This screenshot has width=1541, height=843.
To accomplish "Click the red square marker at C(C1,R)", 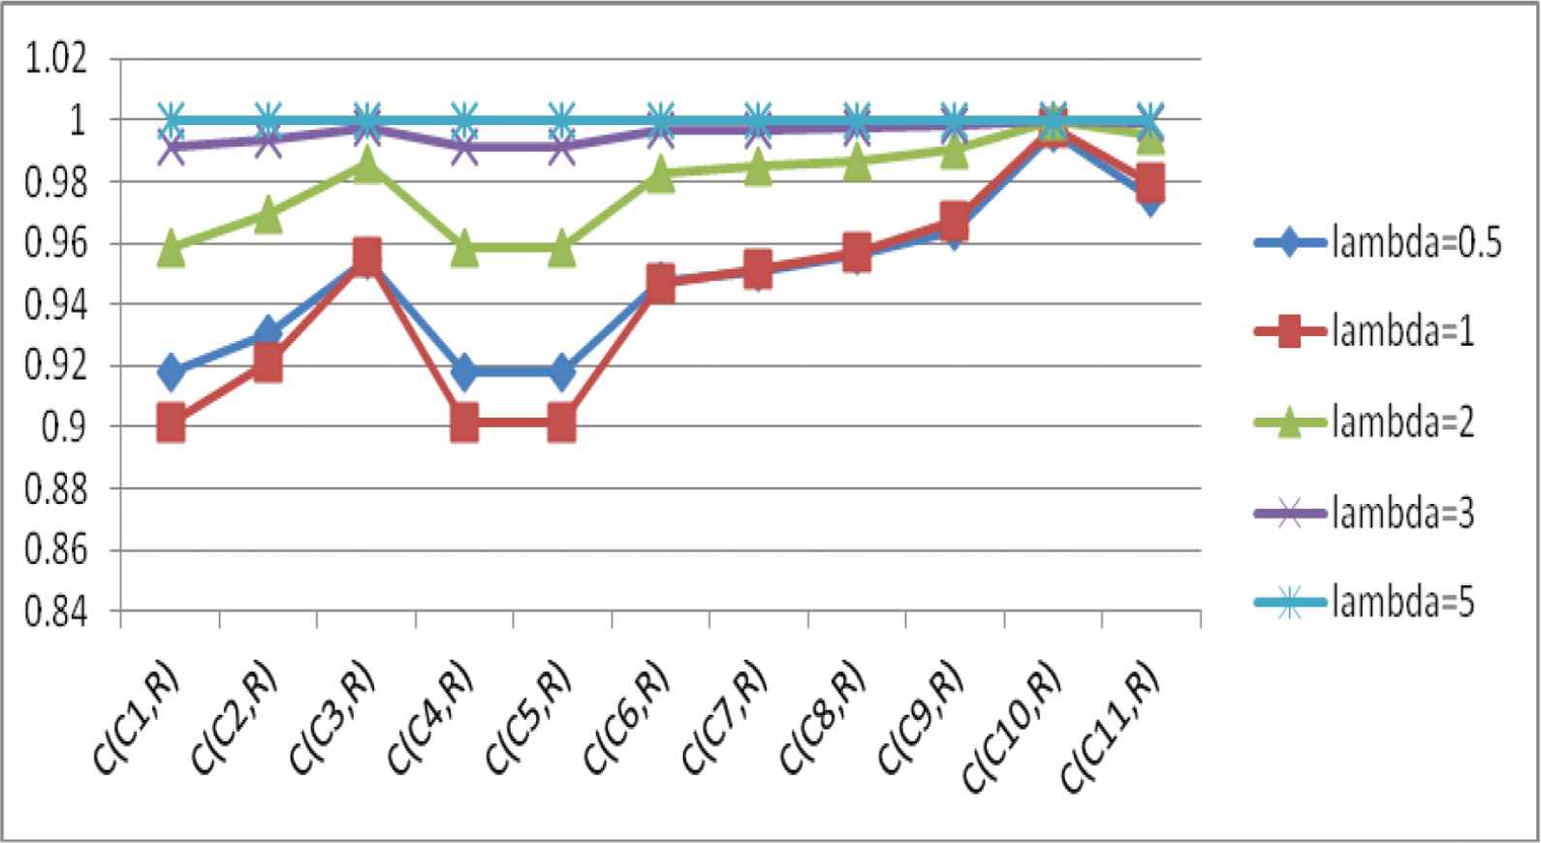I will point(172,423).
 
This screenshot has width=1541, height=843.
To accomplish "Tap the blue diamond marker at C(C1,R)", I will point(172,371).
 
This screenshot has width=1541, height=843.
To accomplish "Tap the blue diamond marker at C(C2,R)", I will point(267,332).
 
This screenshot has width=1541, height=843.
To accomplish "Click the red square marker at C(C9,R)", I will point(954,220).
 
